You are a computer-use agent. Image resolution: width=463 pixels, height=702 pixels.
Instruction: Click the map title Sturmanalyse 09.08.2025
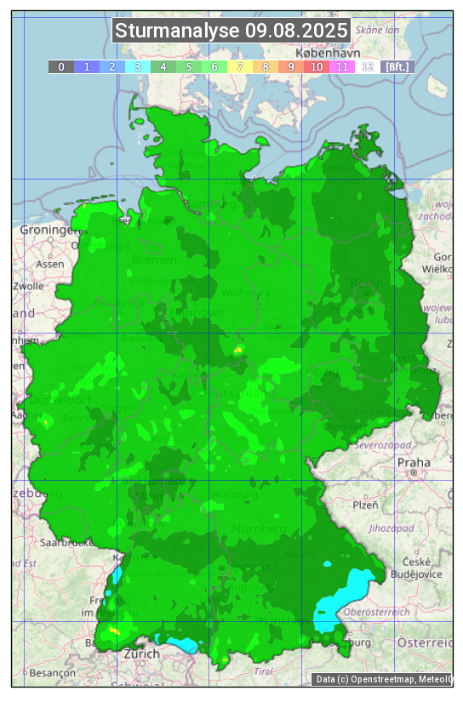(x=231, y=31)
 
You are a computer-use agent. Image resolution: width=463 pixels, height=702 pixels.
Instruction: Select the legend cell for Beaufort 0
(x=61, y=66)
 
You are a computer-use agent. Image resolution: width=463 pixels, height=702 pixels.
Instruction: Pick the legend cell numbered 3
(x=138, y=66)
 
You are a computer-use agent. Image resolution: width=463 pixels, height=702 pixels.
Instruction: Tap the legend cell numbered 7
(x=240, y=66)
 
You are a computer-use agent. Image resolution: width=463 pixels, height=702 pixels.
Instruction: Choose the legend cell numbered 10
(x=317, y=66)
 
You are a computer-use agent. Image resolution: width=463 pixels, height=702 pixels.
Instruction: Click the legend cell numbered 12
(x=368, y=66)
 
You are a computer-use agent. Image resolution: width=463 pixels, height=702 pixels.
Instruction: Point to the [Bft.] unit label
(x=397, y=66)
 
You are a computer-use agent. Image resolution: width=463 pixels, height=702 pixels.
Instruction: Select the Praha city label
(x=414, y=462)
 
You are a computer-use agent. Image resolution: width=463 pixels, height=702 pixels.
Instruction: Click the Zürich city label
(x=140, y=653)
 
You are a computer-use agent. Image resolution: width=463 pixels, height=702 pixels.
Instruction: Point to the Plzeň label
(x=365, y=505)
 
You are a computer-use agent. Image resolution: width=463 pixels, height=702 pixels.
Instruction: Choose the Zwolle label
(x=27, y=286)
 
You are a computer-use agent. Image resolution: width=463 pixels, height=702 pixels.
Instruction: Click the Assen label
(x=50, y=264)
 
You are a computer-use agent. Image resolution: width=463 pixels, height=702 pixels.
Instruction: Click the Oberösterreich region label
(x=377, y=611)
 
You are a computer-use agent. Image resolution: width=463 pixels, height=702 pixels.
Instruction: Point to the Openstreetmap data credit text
(x=383, y=679)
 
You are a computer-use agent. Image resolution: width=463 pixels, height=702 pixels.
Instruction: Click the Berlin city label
(x=368, y=283)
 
